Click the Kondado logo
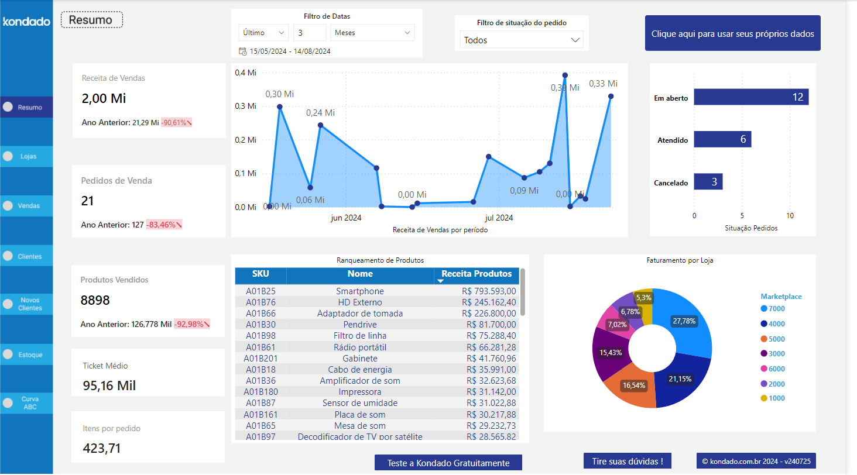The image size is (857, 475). point(26,22)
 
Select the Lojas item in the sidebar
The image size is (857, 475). point(27,156)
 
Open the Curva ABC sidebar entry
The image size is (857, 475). point(27,403)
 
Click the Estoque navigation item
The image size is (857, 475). point(27,354)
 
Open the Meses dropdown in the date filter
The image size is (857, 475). point(372,33)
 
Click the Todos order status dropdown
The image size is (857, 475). point(522,40)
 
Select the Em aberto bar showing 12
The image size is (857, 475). point(751,97)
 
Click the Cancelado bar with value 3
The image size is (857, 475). point(708,182)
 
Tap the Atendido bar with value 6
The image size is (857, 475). point(722,139)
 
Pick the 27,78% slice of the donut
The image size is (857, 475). point(685,321)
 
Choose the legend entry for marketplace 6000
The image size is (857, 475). point(773,369)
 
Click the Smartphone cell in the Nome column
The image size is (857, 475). point(359,291)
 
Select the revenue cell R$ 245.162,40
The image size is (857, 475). point(489,302)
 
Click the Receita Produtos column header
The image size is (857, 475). point(476,274)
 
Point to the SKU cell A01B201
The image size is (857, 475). point(260,359)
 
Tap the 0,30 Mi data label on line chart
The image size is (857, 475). point(279,94)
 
